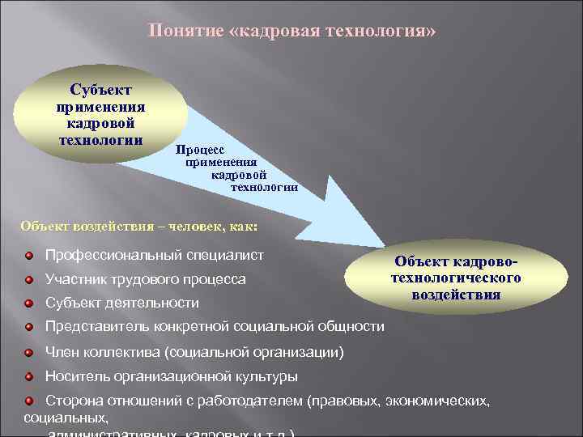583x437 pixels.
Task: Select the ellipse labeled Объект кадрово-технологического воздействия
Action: pyautogui.click(x=455, y=278)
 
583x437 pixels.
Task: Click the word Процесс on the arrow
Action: pyautogui.click(x=195, y=151)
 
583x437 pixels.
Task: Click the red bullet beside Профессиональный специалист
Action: pyautogui.click(x=28, y=257)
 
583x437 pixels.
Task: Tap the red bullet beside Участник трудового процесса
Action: pyautogui.click(x=28, y=280)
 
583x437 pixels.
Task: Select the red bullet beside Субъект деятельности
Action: pyautogui.click(x=28, y=303)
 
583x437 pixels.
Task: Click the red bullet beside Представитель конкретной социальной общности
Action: pyautogui.click(x=28, y=327)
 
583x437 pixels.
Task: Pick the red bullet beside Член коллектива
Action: pyautogui.click(x=28, y=353)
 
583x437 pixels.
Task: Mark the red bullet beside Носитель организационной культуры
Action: pyautogui.click(x=28, y=377)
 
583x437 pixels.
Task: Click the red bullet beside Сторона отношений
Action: pyautogui.click(x=28, y=401)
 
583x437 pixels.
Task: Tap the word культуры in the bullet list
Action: pyautogui.click(x=265, y=377)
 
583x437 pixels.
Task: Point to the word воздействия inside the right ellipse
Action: pyautogui.click(x=455, y=295)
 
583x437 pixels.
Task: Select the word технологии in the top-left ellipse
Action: pyautogui.click(x=101, y=139)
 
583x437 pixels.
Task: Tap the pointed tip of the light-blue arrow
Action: pyautogui.click(x=388, y=246)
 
